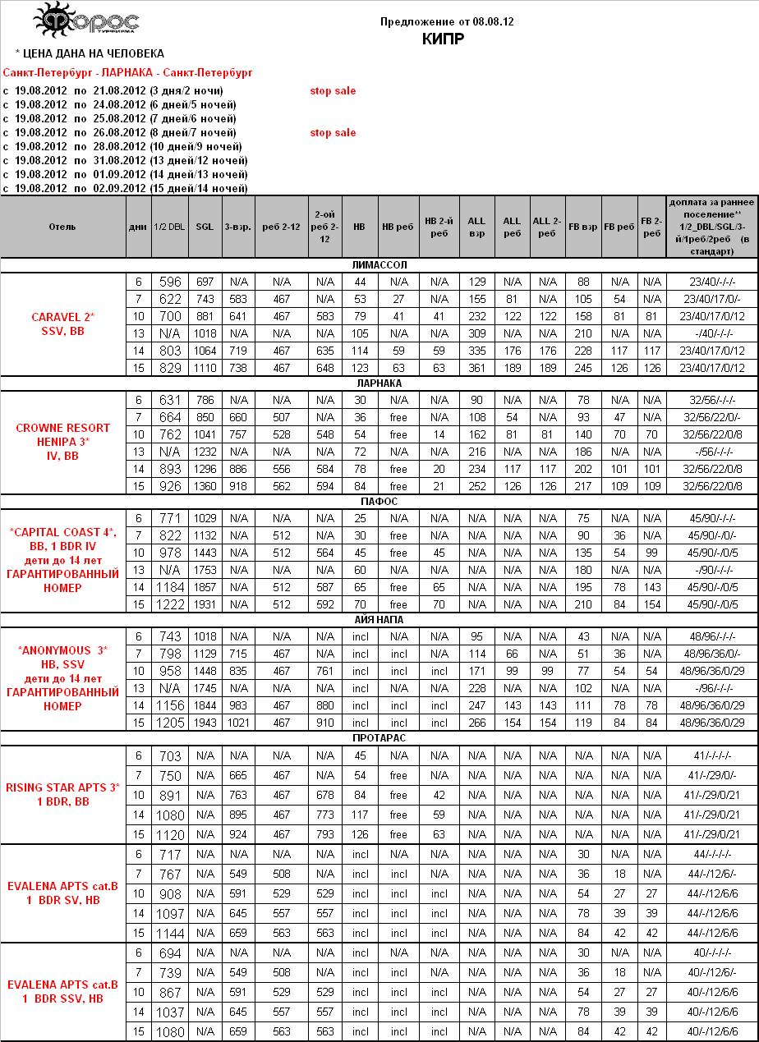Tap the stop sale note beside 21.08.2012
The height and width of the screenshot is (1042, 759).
point(333,91)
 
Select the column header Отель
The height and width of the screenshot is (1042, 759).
point(62,227)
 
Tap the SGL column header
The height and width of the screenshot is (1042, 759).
point(205,227)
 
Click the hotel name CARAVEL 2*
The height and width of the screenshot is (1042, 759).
point(63,317)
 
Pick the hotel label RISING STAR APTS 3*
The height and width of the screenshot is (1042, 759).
point(63,788)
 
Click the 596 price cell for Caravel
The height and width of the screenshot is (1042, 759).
point(170,282)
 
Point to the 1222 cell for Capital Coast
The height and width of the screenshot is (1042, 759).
point(170,604)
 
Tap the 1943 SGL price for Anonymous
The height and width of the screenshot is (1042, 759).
point(205,723)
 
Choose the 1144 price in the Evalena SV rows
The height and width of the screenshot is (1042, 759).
point(170,934)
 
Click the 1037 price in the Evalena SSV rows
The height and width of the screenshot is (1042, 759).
point(170,1012)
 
